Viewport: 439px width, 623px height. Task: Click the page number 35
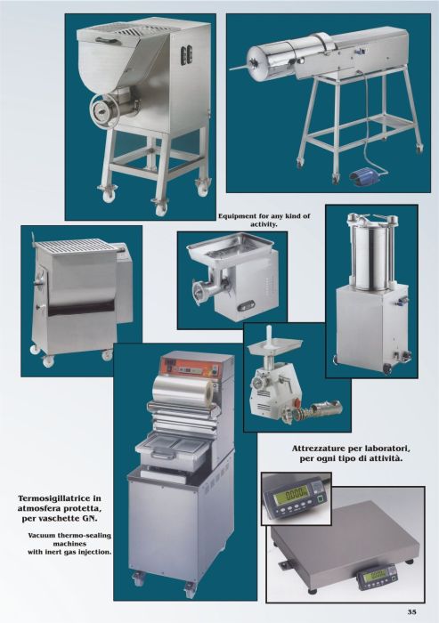(x=412, y=612)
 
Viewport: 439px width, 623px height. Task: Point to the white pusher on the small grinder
(x=270, y=333)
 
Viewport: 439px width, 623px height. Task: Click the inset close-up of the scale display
(x=297, y=498)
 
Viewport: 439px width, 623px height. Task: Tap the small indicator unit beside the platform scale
(x=376, y=574)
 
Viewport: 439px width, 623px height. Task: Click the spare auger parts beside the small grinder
(x=312, y=411)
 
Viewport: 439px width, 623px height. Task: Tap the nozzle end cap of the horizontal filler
(x=253, y=63)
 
